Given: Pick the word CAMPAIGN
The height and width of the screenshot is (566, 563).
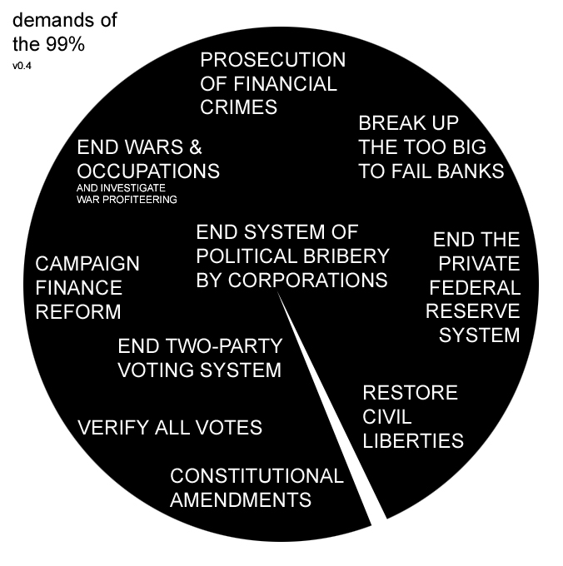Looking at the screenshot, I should click(x=87, y=264).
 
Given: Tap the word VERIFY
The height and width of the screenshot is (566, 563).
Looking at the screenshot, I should click(x=114, y=428).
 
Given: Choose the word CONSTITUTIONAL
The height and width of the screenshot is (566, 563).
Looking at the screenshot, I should click(x=257, y=476).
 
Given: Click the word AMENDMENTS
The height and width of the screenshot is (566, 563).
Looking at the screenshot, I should click(x=241, y=500).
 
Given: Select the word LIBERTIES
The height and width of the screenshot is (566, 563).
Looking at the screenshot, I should click(x=413, y=440).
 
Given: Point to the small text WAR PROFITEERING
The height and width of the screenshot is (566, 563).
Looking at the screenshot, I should click(x=127, y=200).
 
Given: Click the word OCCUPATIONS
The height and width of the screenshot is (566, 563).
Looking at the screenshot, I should click(x=148, y=171).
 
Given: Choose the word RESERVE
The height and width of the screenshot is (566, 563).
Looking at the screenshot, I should click(x=473, y=311).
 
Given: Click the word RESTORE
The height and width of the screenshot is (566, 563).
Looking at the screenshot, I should click(x=411, y=392).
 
